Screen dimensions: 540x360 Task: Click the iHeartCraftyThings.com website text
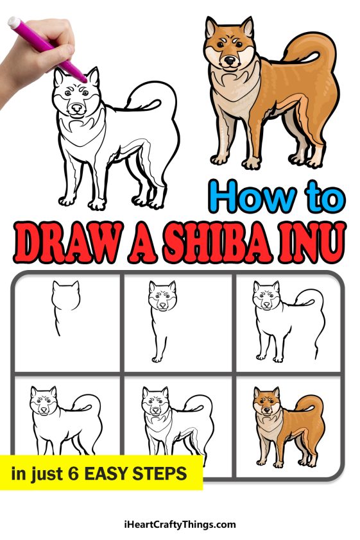180,524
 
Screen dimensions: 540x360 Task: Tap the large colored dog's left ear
211,29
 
